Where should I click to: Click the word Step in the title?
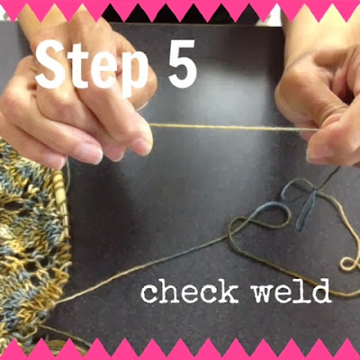[x=92, y=67]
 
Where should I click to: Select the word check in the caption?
[x=189, y=291]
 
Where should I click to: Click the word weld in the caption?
[x=292, y=291]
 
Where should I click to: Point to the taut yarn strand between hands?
[x=233, y=127]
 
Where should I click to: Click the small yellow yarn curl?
[x=348, y=264]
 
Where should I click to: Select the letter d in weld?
[x=321, y=290]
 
